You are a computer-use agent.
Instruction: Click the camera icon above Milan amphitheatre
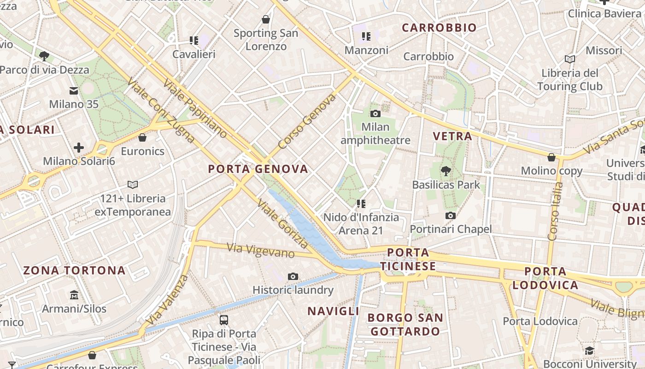pos(375,113)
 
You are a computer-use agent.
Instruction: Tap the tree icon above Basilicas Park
pos(446,172)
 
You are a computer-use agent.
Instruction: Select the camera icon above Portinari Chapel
pos(451,215)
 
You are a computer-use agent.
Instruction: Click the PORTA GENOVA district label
pos(258,169)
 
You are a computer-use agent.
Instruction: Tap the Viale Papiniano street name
pos(195,108)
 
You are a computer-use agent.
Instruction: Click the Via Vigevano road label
pos(261,250)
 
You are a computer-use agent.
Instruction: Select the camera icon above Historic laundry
pos(293,276)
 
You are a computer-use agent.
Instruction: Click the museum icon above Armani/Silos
pos(74,295)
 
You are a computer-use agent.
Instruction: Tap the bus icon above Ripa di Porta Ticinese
pos(224,319)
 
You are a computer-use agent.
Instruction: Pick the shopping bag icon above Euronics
pos(142,137)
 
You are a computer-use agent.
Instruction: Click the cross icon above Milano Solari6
pos(79,148)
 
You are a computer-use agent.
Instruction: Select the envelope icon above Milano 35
pos(74,90)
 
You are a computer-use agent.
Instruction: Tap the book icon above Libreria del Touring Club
pos(570,59)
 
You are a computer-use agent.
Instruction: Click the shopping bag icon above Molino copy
pos(551,157)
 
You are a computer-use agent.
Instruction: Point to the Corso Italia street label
pos(556,211)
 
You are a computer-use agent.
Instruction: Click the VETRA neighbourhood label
pos(453,136)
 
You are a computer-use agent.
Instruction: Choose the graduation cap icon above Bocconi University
pos(589,351)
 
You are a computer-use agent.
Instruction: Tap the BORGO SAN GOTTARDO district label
pos(405,324)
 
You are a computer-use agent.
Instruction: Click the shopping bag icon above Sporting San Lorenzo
pos(266,19)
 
